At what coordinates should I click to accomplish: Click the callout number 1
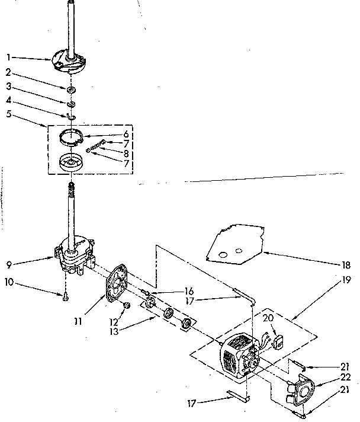pyautogui.click(x=9, y=58)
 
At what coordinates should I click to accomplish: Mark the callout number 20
pyautogui.click(x=268, y=318)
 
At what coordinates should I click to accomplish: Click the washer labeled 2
pyautogui.click(x=71, y=89)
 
